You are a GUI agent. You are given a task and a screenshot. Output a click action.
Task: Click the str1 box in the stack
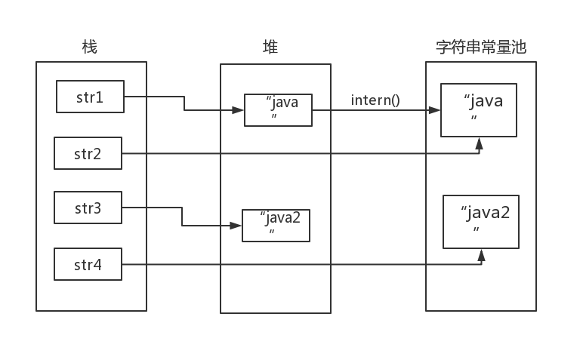pos(90,97)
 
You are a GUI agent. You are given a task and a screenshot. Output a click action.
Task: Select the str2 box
pos(88,153)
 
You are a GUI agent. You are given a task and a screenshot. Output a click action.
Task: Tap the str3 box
pos(88,208)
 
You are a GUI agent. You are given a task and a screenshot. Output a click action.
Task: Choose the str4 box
pos(88,264)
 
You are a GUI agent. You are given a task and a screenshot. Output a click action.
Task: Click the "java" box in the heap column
pos(277,110)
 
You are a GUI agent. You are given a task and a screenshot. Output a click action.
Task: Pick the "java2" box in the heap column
pos(276,225)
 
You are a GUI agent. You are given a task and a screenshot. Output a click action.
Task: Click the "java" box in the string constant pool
pos(479,110)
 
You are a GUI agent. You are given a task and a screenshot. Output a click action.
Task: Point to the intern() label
pos(375,100)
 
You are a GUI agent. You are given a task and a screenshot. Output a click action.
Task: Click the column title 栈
pos(89,48)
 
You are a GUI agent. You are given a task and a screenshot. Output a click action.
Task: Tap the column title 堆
pos(270,48)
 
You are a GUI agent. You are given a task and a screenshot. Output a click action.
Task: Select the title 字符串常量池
pos(481,48)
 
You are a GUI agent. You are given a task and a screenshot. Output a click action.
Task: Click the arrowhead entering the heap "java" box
pos(238,110)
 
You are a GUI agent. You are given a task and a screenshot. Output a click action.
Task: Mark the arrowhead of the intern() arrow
pos(435,110)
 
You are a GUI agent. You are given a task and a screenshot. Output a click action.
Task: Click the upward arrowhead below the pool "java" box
pos(479,143)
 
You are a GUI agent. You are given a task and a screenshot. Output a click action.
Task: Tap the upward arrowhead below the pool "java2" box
pos(481,254)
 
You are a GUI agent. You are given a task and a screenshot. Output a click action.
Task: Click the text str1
pos(90,97)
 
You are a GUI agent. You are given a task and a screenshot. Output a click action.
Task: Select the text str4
pos(88,265)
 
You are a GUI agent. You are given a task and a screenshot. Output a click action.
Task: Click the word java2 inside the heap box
pos(280,218)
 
